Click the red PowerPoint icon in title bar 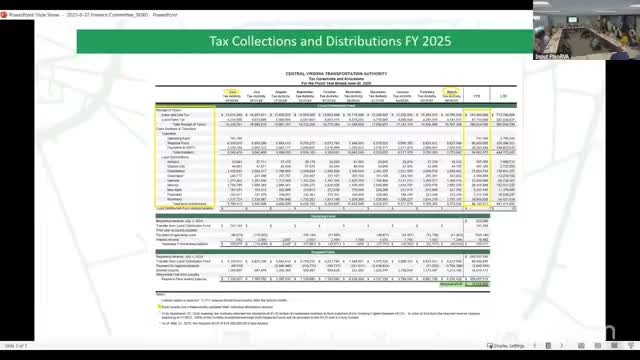pos(5,4)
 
